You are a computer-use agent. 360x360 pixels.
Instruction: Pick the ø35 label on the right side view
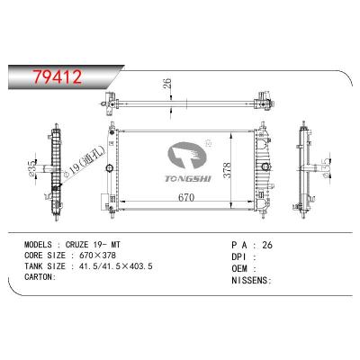323,167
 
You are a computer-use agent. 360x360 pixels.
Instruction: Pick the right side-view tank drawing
306,166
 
